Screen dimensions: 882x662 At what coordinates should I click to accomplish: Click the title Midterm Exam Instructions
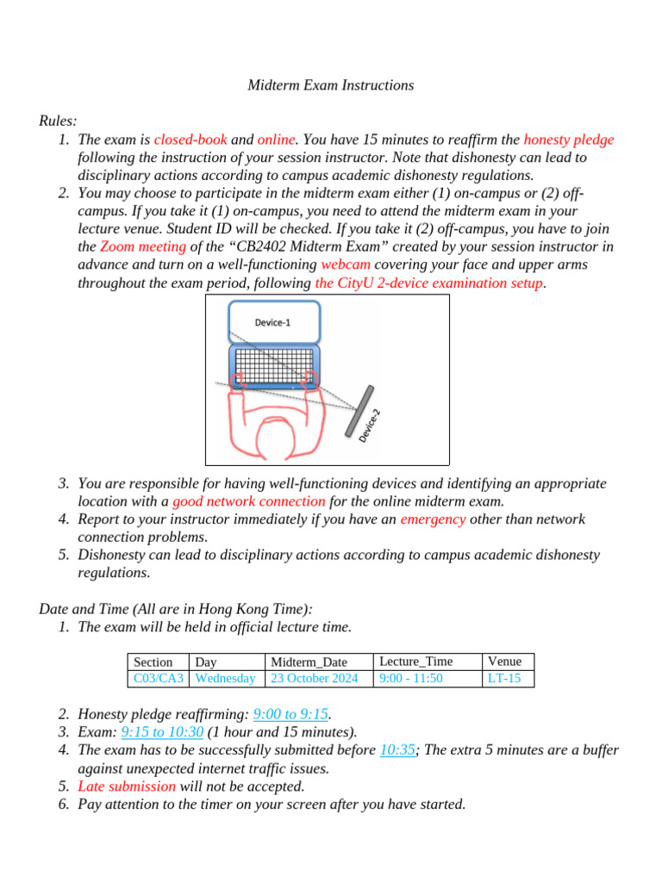point(331,85)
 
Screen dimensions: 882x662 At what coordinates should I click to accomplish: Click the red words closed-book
point(190,140)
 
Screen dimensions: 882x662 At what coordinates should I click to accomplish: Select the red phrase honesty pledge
point(568,140)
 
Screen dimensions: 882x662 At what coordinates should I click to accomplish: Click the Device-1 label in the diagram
point(272,322)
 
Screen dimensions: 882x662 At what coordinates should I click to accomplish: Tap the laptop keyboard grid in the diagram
point(272,366)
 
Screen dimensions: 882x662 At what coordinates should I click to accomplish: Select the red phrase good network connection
point(248,501)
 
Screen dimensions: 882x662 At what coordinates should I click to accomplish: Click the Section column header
point(153,662)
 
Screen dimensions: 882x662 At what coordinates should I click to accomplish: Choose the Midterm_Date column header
point(309,662)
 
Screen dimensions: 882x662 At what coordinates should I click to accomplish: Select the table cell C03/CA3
point(159,679)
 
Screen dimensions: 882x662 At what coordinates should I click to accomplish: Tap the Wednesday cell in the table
point(226,679)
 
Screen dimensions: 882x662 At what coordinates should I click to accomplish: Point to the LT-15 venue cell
point(504,679)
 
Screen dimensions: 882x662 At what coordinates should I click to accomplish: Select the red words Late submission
point(127,786)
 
